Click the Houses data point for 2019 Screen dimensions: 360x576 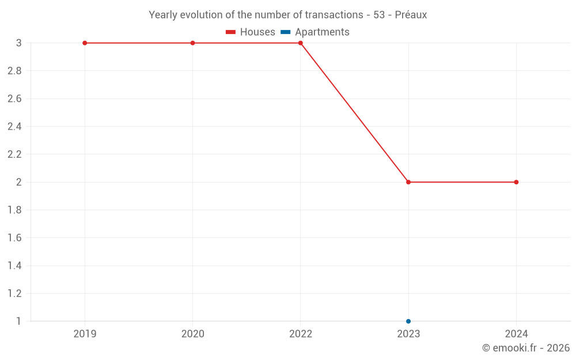[85, 43]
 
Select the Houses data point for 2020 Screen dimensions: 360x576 [192, 43]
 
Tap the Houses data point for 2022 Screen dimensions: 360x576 [301, 43]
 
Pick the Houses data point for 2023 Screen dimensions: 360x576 [408, 182]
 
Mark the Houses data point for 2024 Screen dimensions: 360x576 [516, 182]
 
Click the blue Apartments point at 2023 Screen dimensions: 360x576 [408, 321]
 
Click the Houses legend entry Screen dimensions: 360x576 [251, 32]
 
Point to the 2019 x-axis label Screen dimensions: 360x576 [85, 334]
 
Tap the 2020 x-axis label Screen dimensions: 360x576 [192, 334]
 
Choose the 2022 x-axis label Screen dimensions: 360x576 [301, 334]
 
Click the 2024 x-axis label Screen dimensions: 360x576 [516, 334]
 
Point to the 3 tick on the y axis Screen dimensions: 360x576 [18, 43]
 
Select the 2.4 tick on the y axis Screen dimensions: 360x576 [14, 127]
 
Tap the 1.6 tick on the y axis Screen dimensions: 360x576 [14, 238]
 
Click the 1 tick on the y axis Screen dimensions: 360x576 [18, 321]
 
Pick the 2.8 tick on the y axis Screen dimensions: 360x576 [14, 71]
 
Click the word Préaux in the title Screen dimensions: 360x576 [411, 15]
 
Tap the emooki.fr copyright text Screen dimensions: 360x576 [526, 348]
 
